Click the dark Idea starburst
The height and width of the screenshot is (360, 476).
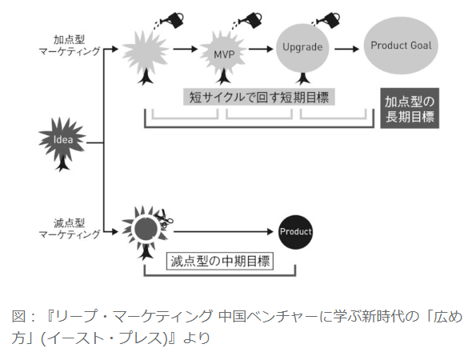(x=63, y=140)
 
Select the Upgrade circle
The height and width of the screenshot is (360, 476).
(x=302, y=48)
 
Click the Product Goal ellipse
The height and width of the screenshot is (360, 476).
(x=401, y=46)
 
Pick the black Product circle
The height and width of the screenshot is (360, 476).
(x=296, y=232)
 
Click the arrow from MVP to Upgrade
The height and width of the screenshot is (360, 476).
(x=261, y=49)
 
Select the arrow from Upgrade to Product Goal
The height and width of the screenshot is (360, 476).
(x=347, y=49)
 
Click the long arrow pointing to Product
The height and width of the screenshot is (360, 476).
(x=223, y=232)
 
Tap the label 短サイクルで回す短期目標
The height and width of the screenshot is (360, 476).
(x=259, y=97)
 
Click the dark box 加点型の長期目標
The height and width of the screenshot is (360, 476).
(x=410, y=108)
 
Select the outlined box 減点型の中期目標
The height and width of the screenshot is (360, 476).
(x=220, y=261)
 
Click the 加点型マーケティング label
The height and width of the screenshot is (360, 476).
(x=70, y=46)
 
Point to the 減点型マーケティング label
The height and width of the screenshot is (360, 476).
(x=70, y=229)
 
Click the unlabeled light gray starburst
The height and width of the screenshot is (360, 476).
(x=145, y=53)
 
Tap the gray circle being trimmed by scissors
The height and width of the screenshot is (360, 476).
(x=146, y=228)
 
